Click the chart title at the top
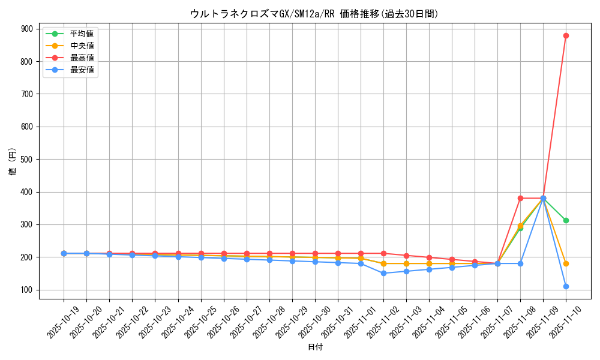(x=314, y=14)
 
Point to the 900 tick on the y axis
(x=26, y=29)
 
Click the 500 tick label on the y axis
(x=26, y=160)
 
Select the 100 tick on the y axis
(x=26, y=290)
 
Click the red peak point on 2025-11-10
(x=566, y=35)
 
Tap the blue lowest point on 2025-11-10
(x=566, y=286)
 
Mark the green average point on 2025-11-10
(x=566, y=220)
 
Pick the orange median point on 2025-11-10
(x=566, y=263)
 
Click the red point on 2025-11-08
(x=520, y=198)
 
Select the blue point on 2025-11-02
(x=383, y=273)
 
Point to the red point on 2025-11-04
(x=429, y=257)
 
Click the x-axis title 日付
(x=315, y=347)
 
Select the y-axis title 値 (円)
(x=13, y=161)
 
